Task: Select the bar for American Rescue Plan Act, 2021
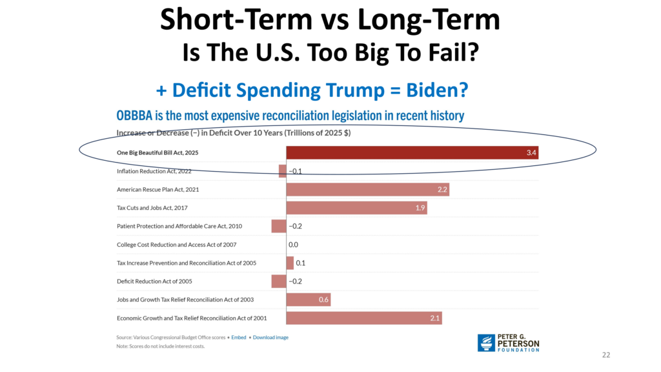(x=367, y=190)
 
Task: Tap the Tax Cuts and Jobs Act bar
(x=356, y=208)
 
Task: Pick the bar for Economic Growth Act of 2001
(x=364, y=318)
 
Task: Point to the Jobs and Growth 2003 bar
(x=309, y=300)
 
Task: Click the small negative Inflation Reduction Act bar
(x=283, y=171)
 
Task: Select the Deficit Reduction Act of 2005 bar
(x=279, y=281)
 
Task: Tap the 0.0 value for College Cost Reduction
(x=293, y=245)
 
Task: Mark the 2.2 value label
(x=443, y=190)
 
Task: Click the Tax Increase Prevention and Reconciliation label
(x=186, y=263)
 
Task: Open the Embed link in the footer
(x=239, y=337)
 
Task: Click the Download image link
(x=270, y=337)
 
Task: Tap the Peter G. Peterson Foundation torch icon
(x=486, y=343)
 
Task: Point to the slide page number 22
(x=605, y=355)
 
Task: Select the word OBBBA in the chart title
(x=136, y=116)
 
